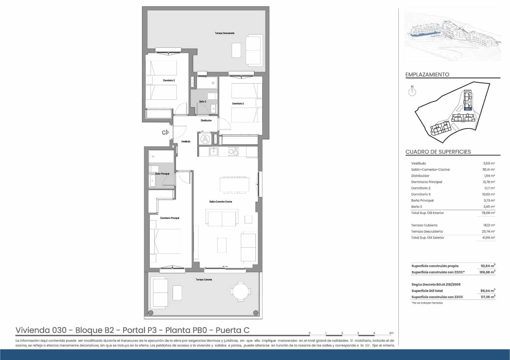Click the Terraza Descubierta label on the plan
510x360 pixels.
click(x=225, y=33)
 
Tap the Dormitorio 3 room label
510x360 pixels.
click(x=169, y=80)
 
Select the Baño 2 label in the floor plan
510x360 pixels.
click(x=203, y=102)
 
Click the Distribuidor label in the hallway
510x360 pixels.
click(x=206, y=120)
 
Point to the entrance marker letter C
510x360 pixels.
click(x=164, y=133)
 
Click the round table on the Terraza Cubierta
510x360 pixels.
click(x=241, y=291)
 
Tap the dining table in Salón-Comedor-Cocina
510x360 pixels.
click(x=234, y=184)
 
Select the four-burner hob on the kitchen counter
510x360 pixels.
click(x=233, y=152)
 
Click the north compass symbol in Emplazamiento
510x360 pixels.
click(x=412, y=92)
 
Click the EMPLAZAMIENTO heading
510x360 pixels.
click(x=427, y=75)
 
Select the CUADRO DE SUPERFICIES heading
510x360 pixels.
click(x=438, y=152)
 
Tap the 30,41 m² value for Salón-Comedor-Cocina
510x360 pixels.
click(x=488, y=169)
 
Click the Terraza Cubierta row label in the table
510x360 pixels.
click(x=424, y=225)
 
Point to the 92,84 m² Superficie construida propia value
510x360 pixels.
click(x=488, y=266)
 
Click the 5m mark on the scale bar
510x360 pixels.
click(x=391, y=333)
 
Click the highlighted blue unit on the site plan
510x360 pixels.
click(x=468, y=109)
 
